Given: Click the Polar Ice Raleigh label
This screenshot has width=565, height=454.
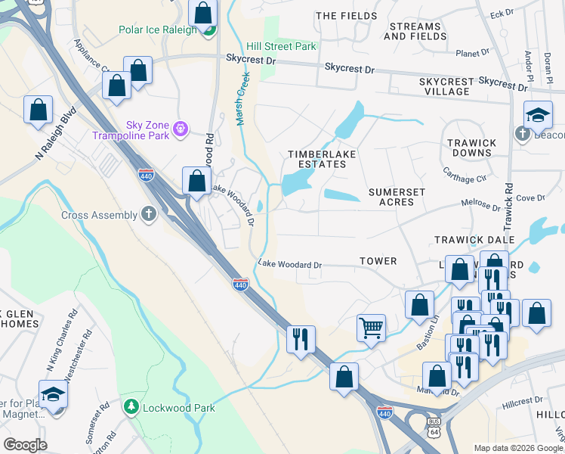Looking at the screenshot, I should click(x=157, y=30).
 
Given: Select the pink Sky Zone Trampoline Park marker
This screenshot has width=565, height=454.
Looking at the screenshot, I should click(x=181, y=129).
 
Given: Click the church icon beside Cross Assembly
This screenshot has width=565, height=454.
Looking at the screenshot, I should click(x=149, y=215).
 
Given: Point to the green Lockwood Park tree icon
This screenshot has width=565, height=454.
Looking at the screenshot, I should click(x=132, y=408).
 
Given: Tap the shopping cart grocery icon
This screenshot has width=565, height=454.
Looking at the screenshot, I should click(x=371, y=328).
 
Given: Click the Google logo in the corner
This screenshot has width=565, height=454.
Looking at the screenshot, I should click(x=25, y=445).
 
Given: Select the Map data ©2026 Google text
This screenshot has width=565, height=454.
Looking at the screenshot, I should click(x=518, y=448).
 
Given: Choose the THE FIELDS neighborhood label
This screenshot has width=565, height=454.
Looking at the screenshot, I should click(x=346, y=16).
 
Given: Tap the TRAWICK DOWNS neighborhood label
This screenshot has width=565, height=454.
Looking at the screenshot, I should click(x=471, y=148).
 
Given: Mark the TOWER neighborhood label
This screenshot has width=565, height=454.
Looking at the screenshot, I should click(x=378, y=261).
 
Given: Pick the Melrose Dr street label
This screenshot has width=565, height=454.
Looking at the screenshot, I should click(x=480, y=205).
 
